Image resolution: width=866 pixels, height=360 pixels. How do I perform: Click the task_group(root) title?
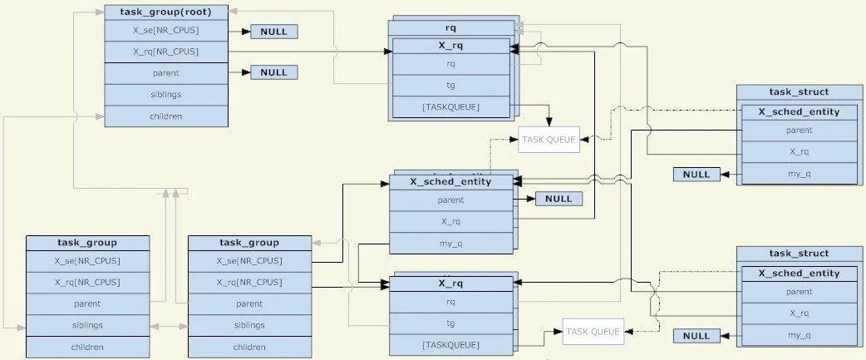tap(166, 12)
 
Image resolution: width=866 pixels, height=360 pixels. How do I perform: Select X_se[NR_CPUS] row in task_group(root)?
tap(166, 30)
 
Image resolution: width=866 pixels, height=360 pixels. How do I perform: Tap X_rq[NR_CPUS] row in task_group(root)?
tap(166, 52)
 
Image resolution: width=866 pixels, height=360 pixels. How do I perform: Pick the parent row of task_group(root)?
tap(166, 73)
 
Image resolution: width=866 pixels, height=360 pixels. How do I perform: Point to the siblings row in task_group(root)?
tap(166, 95)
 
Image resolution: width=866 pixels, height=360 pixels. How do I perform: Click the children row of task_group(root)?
tap(166, 116)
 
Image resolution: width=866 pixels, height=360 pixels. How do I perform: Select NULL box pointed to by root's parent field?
tap(273, 72)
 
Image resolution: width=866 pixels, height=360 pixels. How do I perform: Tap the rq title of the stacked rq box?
tap(451, 27)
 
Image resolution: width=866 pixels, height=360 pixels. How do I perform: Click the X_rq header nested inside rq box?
tap(450, 46)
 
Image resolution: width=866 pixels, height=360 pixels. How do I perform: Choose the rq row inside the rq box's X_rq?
tap(450, 64)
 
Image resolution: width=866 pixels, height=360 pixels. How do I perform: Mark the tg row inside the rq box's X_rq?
tap(450, 86)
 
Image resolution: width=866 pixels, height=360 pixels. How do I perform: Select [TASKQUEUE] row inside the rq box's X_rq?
tap(450, 107)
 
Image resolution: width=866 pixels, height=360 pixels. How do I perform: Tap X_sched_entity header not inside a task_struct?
tap(450, 182)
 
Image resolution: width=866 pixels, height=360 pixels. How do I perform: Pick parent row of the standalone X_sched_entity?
tap(450, 200)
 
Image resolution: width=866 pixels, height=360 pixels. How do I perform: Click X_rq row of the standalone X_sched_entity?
tap(450, 222)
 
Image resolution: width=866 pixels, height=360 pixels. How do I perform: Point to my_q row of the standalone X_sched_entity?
tap(450, 244)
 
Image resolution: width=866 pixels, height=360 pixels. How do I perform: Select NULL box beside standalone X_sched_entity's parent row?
tap(558, 200)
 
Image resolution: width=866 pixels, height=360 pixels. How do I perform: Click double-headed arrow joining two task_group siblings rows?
tap(169, 326)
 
